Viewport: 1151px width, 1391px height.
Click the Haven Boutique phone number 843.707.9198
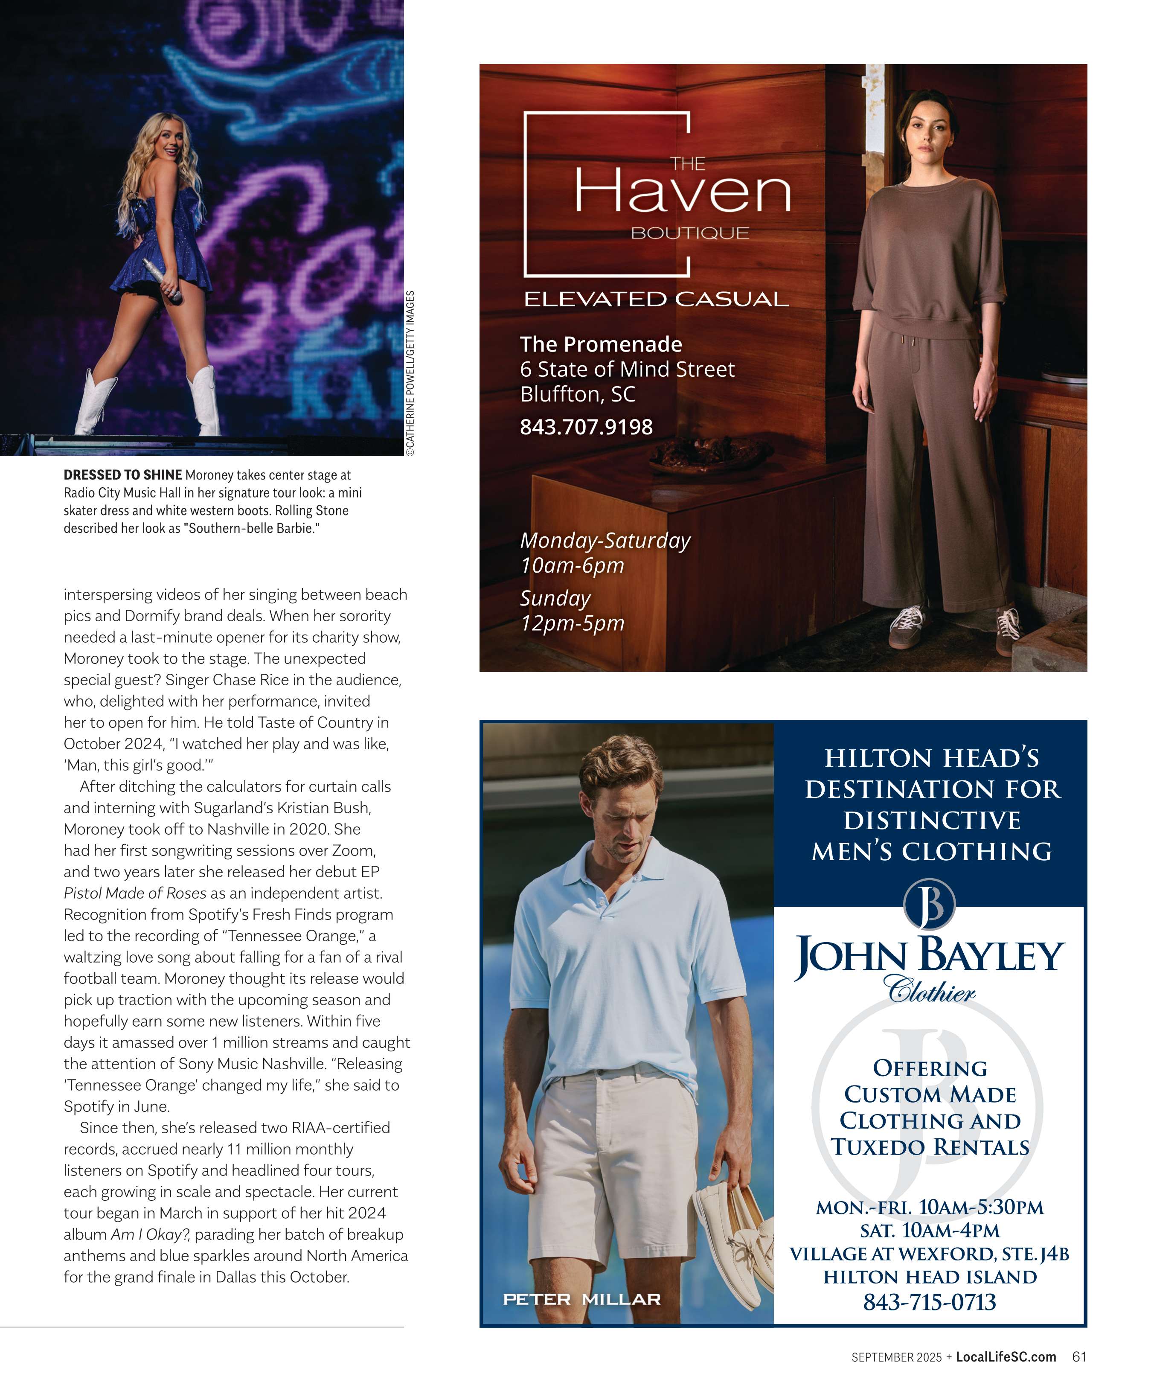point(586,427)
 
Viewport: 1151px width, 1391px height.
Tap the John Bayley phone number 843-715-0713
point(929,1301)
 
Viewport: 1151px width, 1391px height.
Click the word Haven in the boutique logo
point(682,192)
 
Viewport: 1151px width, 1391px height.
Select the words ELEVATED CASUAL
point(656,300)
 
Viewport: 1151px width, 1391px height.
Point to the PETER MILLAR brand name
point(581,1299)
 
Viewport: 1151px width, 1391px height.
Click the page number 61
point(1079,1356)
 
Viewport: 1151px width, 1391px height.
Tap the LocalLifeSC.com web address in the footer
point(1005,1356)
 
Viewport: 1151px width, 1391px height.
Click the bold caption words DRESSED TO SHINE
point(122,475)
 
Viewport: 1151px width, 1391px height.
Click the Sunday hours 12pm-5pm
point(572,623)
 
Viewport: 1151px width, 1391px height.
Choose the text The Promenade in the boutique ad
point(601,344)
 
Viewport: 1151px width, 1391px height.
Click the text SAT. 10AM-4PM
point(929,1230)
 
